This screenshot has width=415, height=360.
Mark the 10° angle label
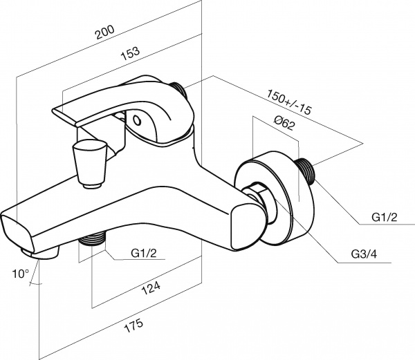(19, 274)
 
